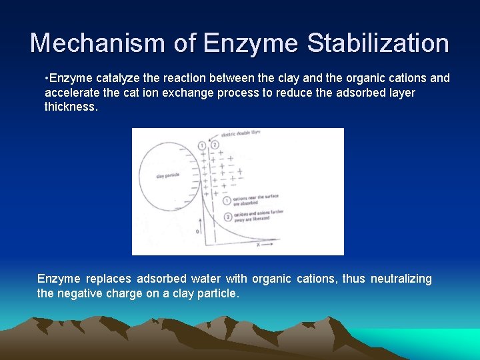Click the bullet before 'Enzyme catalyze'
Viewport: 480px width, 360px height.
[x=47, y=79]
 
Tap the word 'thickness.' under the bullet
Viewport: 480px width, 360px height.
[x=71, y=107]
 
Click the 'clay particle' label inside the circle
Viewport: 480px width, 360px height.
[x=167, y=176]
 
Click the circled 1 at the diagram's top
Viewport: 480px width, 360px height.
[x=201, y=145]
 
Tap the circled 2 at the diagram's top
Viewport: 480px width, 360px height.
[x=214, y=145]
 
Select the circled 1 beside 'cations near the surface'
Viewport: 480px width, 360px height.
[x=227, y=200]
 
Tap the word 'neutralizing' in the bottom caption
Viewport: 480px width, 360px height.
[x=401, y=279]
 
